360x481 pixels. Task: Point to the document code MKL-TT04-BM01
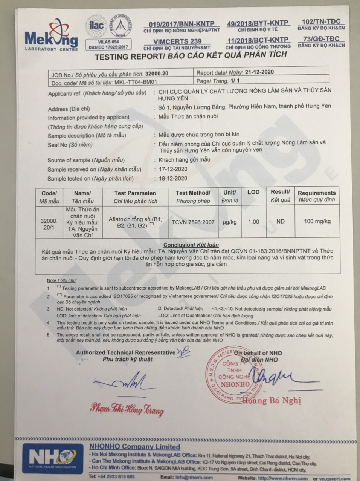[x=136, y=82]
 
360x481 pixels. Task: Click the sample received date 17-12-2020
[x=173, y=169]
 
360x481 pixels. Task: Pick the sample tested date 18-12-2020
[x=173, y=178]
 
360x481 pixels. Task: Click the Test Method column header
[x=193, y=196]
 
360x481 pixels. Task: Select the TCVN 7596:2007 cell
[x=193, y=222]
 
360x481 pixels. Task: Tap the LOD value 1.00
[x=253, y=222]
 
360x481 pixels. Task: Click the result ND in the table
[x=280, y=221]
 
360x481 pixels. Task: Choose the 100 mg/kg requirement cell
[x=317, y=221]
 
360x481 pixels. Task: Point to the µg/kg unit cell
[x=229, y=222]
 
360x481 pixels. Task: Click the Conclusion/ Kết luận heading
[x=191, y=245]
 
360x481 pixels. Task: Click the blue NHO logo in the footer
[x=53, y=458]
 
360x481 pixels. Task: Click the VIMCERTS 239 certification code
[x=177, y=41]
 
